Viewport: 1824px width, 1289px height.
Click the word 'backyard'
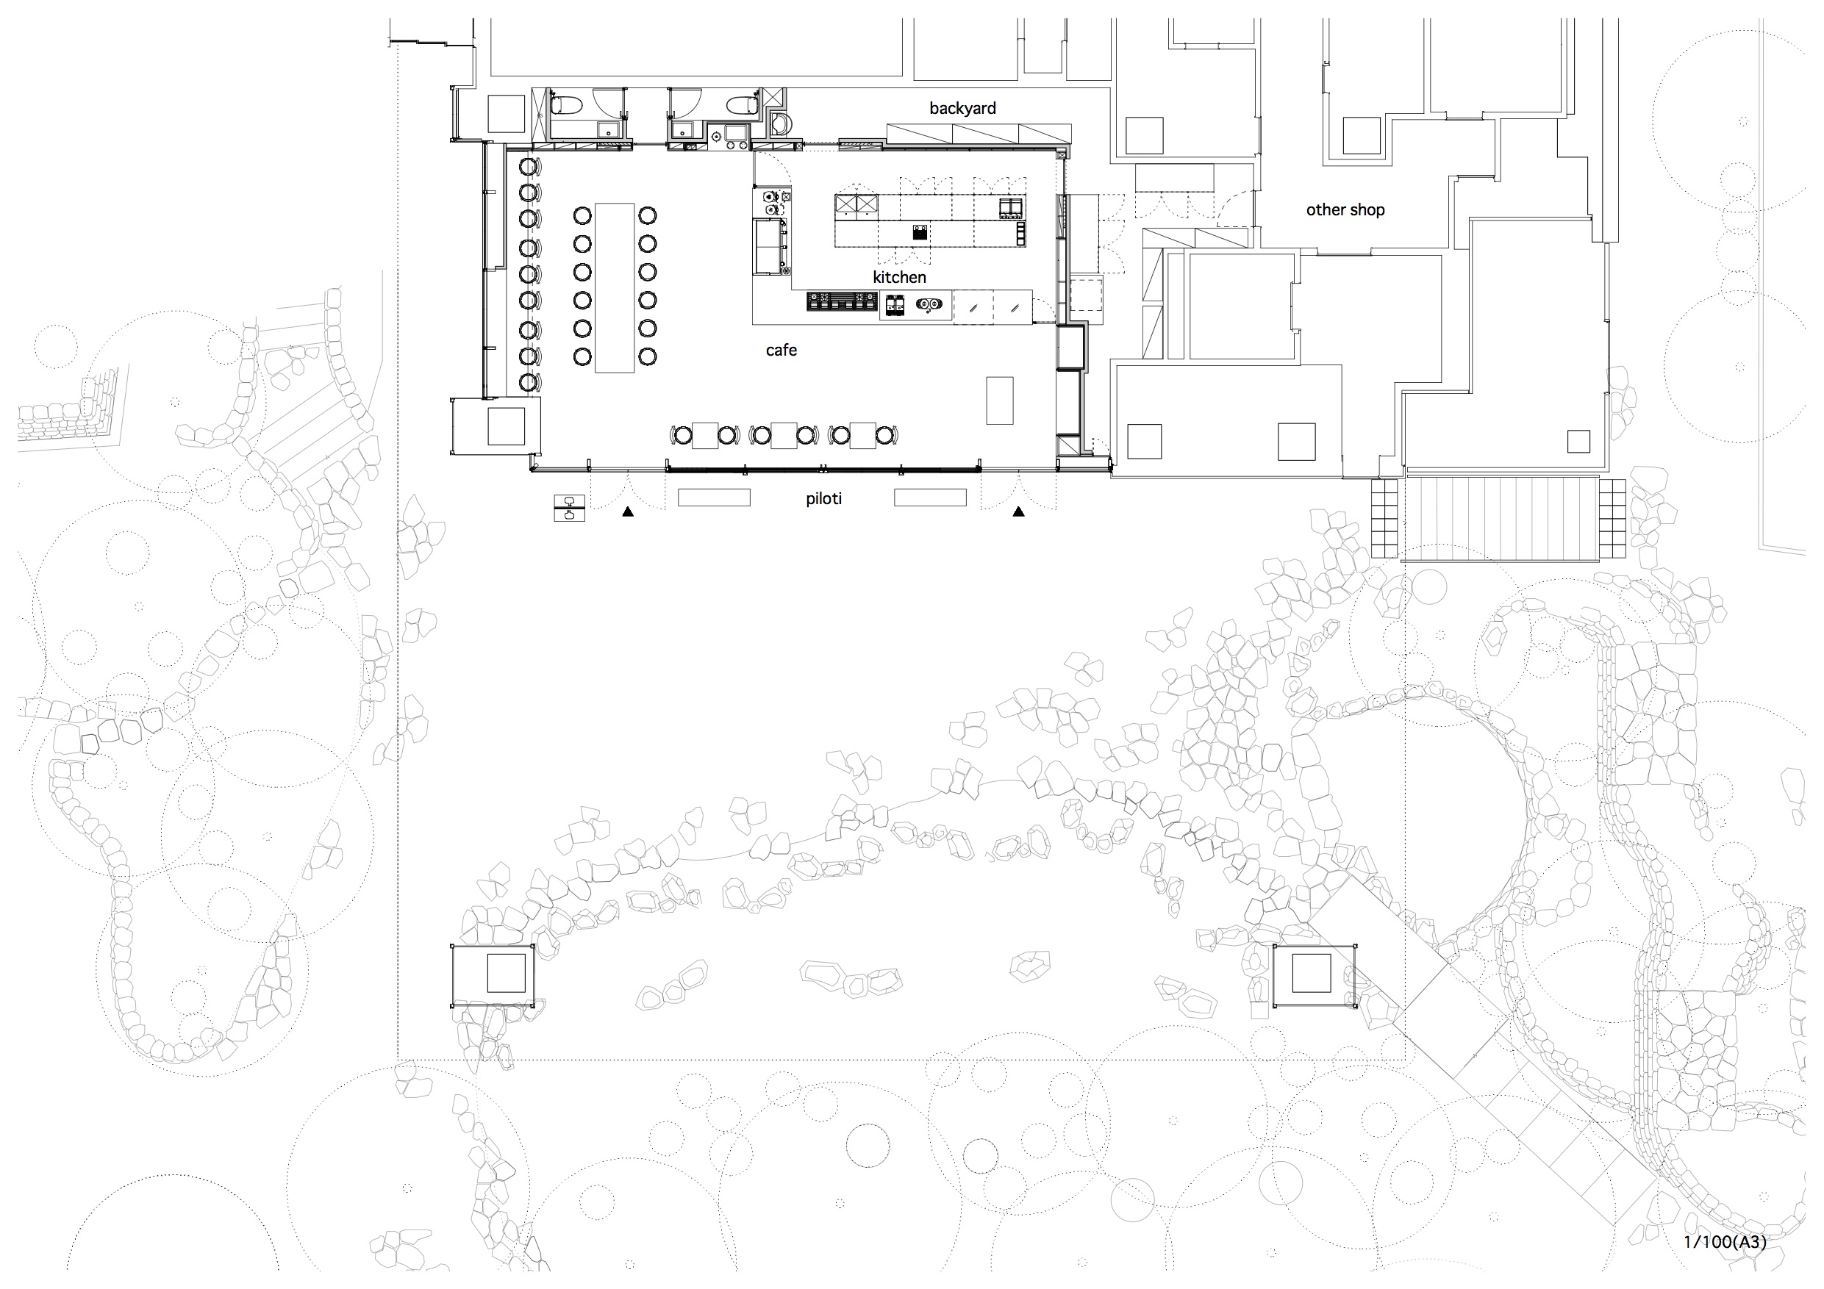962,108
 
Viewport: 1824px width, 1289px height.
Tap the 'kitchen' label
899,277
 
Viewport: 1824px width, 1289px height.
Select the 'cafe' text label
781,351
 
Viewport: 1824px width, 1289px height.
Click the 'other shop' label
1345,209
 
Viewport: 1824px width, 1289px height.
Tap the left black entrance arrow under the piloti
628,511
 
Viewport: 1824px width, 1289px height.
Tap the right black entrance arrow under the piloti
1018,511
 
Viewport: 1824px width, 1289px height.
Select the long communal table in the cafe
615,287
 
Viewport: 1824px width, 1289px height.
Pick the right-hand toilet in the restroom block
743,104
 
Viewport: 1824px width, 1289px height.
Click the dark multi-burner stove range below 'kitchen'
843,302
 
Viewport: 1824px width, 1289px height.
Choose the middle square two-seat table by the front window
784,435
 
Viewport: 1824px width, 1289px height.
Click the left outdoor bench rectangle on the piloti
713,498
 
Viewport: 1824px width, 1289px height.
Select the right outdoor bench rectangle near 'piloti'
930,498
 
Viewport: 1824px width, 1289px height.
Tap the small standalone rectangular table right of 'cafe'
1000,401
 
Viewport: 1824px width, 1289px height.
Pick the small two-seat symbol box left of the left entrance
569,509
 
